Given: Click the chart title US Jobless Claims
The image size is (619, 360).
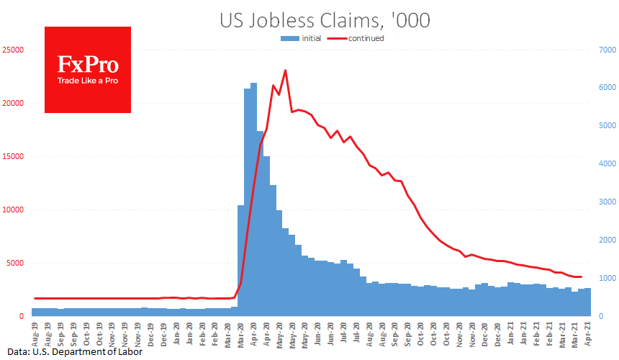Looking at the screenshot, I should tap(325, 20).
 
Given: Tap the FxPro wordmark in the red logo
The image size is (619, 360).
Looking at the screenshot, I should tap(88, 65).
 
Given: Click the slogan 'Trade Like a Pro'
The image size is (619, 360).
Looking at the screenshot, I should tap(88, 81).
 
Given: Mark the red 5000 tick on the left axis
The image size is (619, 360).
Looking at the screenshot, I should tap(17, 264).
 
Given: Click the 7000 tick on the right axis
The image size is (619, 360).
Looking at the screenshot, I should tap(606, 50).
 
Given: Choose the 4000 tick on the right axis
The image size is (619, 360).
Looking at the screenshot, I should tap(606, 164).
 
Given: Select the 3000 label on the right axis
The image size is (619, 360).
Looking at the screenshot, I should tap(606, 202).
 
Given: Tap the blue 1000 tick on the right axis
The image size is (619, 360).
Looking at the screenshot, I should tap(606, 279).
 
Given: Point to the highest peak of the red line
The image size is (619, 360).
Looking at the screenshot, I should tap(286, 71).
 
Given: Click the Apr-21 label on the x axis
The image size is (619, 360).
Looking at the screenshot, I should tap(589, 333).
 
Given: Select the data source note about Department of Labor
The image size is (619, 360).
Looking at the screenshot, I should tap(71, 352).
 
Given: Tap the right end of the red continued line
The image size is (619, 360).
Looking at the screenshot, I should tap(581, 277).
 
